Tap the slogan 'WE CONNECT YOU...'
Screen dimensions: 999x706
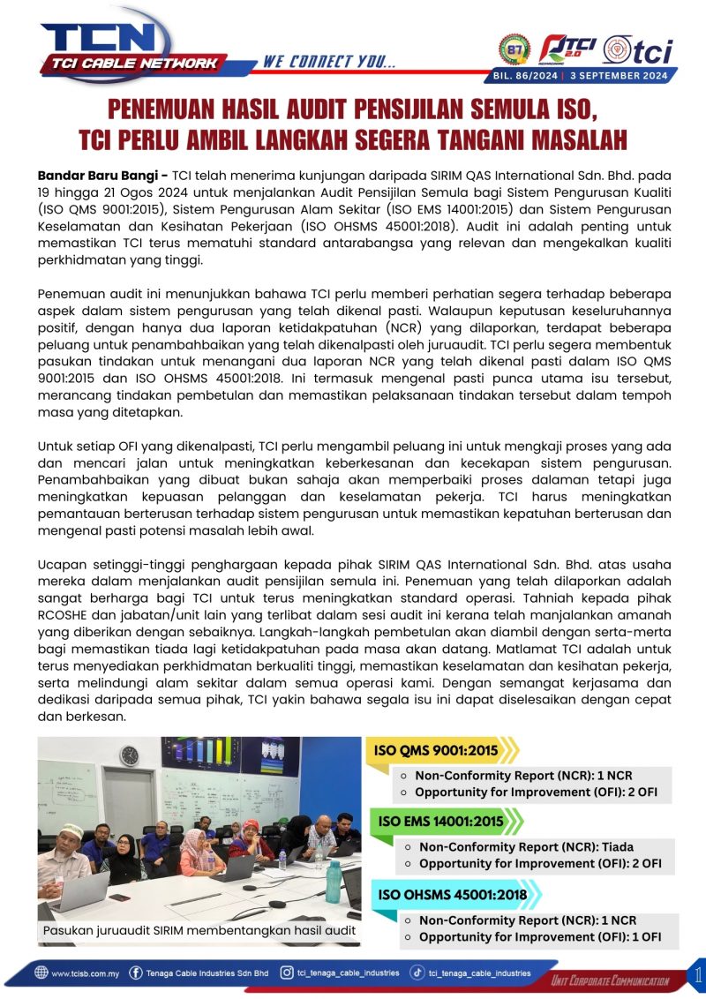(x=329, y=62)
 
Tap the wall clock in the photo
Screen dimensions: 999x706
(x=129, y=755)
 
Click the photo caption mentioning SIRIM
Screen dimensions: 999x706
(x=199, y=929)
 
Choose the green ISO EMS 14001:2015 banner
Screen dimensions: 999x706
(x=440, y=822)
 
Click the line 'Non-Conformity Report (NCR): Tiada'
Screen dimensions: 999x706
(x=526, y=846)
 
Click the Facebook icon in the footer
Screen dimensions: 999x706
(x=136, y=973)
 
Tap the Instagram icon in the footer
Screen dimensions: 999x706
(x=287, y=973)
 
